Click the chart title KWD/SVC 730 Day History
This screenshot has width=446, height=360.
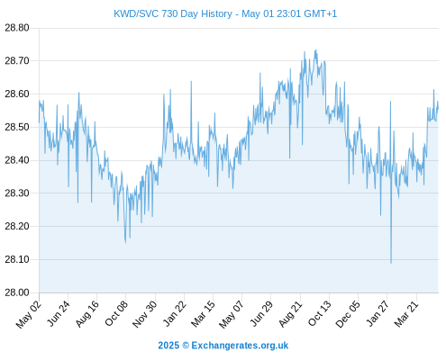[173, 13]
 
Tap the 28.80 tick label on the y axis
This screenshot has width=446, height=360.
[17, 28]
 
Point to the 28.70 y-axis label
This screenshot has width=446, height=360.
[17, 61]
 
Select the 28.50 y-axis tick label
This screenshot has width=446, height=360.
[17, 127]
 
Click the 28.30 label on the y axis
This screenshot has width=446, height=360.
[17, 193]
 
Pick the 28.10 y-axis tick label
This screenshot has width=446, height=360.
[17, 259]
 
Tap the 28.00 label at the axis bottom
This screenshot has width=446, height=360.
[17, 292]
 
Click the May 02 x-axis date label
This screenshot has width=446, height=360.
[28, 314]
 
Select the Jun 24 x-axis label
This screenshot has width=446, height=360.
[58, 313]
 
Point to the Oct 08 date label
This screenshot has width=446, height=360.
[116, 313]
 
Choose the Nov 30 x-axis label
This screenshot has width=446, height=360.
[144, 314]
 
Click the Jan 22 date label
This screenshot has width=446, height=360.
[174, 313]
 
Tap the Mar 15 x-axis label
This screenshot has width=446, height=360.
[203, 313]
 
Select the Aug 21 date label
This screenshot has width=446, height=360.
[290, 313]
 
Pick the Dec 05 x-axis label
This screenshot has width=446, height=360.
[348, 314]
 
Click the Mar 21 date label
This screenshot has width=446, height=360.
[406, 313]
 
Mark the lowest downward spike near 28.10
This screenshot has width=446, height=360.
[391, 263]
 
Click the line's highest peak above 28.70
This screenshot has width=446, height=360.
[315, 50]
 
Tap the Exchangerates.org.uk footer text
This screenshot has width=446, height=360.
[240, 346]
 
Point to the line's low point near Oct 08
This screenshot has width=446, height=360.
[125, 242]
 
